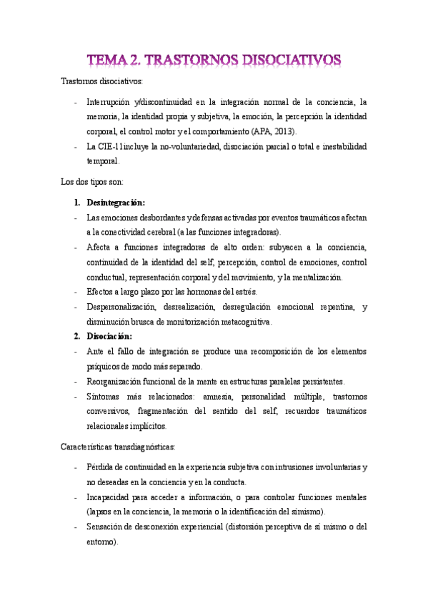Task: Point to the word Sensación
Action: tap(106, 527)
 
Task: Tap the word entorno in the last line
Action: tap(100, 542)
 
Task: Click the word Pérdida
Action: tap(101, 467)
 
